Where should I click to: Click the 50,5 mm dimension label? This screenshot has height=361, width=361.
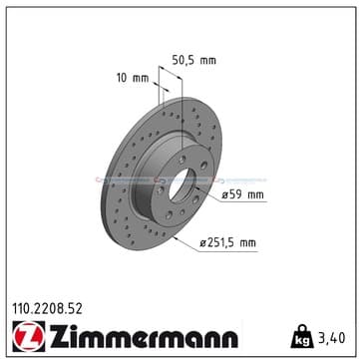[193, 60]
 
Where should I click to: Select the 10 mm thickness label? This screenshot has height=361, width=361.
[133, 79]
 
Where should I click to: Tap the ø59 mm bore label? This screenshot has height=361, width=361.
[242, 194]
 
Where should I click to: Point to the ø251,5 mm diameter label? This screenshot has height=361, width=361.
[227, 243]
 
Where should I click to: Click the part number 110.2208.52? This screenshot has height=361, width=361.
[47, 309]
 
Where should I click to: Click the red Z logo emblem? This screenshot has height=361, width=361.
[29, 336]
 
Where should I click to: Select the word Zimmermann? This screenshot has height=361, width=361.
[144, 336]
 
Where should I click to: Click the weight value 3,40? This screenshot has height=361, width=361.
[331, 338]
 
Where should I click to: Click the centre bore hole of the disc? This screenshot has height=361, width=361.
[182, 184]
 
